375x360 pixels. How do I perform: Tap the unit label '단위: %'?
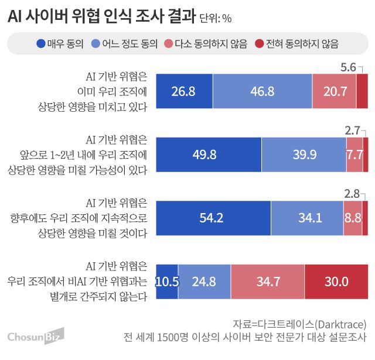(x=216, y=19)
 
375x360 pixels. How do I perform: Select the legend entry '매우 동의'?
(x=60, y=43)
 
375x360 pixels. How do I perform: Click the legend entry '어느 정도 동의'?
(x=127, y=43)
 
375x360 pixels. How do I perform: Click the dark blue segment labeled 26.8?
(x=183, y=91)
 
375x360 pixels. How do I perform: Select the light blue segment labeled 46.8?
(x=262, y=91)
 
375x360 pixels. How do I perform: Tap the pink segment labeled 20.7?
(x=334, y=91)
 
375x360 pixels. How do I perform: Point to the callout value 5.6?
(x=348, y=67)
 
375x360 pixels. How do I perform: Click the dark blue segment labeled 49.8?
(x=208, y=154)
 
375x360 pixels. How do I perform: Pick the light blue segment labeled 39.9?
(x=304, y=154)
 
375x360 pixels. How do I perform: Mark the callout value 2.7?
(x=353, y=130)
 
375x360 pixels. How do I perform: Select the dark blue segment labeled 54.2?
(x=213, y=217)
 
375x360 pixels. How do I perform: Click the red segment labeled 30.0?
(x=336, y=281)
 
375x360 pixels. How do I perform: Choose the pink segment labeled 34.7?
(x=268, y=281)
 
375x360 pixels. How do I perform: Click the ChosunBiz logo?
(x=35, y=336)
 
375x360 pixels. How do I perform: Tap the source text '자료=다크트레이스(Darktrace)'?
(x=299, y=324)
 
